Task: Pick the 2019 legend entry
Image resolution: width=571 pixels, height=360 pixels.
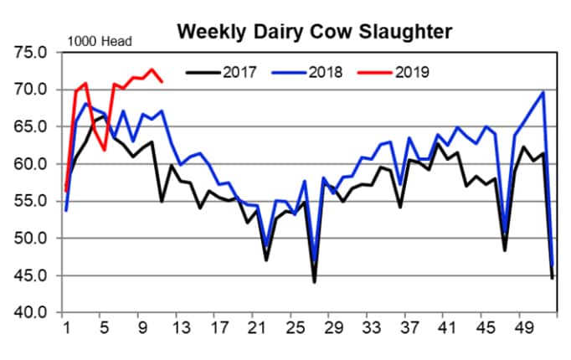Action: point(411,72)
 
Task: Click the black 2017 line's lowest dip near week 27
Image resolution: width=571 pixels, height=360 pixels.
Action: point(315,282)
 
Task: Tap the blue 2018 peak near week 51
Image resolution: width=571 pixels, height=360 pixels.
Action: point(543,92)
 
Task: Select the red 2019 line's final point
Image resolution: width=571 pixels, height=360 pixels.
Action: point(162,81)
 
